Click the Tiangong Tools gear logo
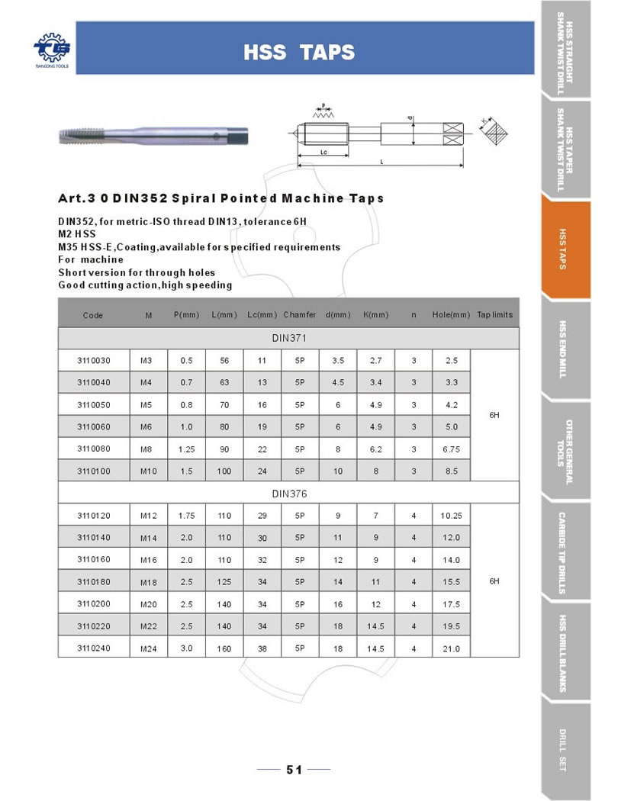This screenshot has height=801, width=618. point(50,48)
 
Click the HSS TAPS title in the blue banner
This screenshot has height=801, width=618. point(299,52)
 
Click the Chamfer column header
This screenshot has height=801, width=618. point(300,314)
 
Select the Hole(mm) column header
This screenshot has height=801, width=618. point(451,314)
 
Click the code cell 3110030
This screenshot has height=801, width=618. point(94,360)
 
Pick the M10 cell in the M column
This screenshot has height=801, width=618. point(149,471)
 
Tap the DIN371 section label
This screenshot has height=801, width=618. point(289,337)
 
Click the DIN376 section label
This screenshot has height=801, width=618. point(289,494)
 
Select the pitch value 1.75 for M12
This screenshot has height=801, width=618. point(187,516)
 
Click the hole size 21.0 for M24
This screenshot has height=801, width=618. point(451,649)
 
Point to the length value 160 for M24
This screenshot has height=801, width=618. point(224,649)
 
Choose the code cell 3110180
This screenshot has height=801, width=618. point(94,582)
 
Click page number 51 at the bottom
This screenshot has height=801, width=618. point(294,770)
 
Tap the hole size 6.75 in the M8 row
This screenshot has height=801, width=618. point(451,449)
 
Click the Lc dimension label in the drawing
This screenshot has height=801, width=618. point(323,153)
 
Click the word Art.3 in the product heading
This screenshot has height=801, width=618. point(79,198)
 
